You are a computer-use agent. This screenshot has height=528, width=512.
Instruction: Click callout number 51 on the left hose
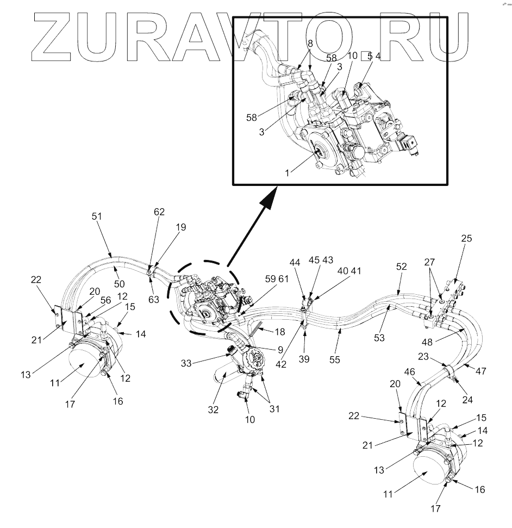pyautogui.click(x=96, y=216)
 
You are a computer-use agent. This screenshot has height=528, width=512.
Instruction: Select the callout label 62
pyautogui.click(x=159, y=212)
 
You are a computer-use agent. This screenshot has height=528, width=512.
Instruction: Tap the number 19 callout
pyautogui.click(x=180, y=227)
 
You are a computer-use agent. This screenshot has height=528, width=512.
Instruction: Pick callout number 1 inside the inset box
pyautogui.click(x=287, y=172)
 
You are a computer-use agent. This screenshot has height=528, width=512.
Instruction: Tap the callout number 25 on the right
pyautogui.click(x=467, y=239)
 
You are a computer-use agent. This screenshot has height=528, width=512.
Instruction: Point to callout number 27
pyautogui.click(x=429, y=262)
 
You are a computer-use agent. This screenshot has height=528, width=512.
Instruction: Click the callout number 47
pyautogui.click(x=480, y=371)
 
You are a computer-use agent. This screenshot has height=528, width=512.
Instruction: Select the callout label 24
pyautogui.click(x=467, y=399)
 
